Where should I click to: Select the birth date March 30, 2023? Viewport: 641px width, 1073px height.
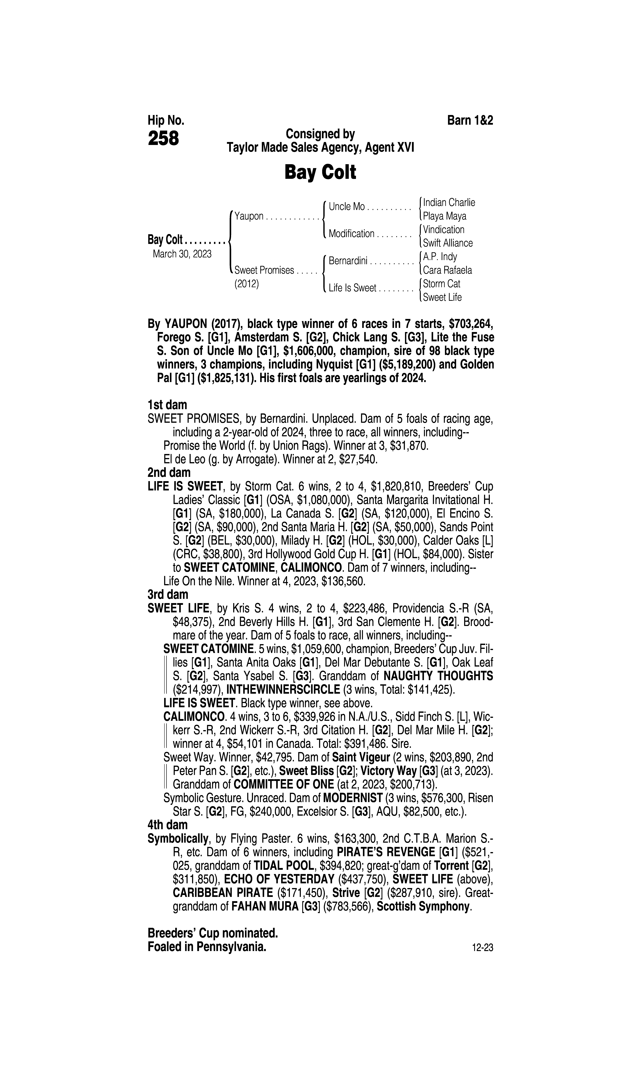point(182,254)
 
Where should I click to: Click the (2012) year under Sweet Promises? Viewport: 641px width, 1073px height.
point(246,284)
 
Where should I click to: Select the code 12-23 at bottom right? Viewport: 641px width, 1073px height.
point(483,948)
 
